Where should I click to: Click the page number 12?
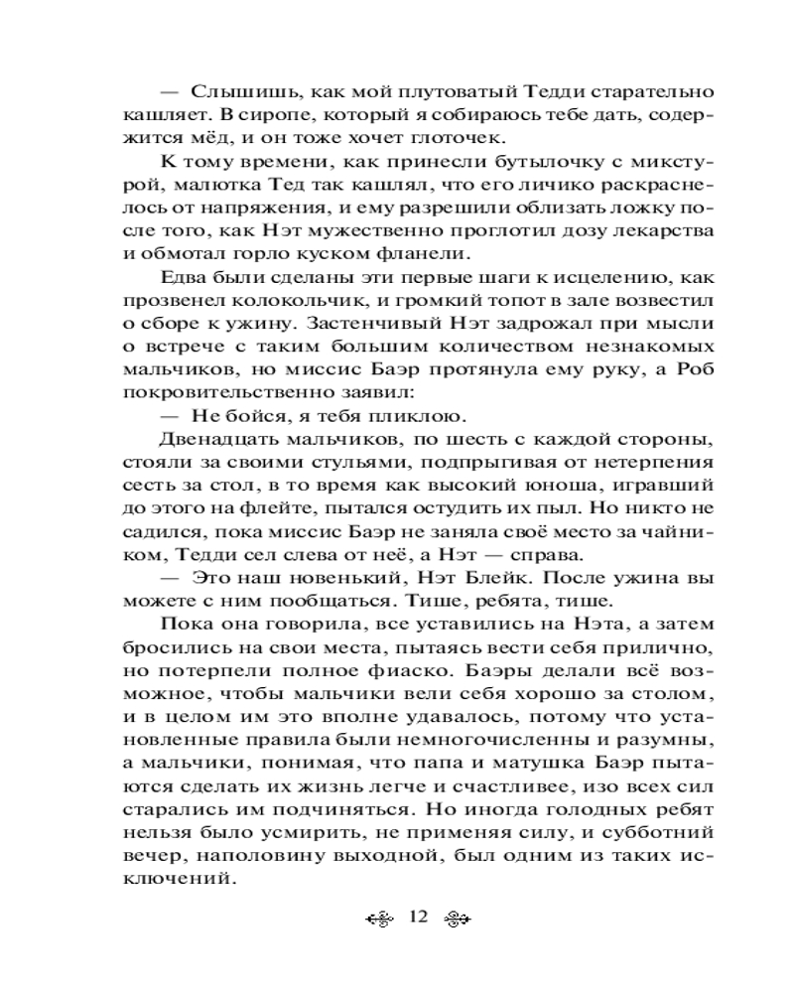(416, 917)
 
